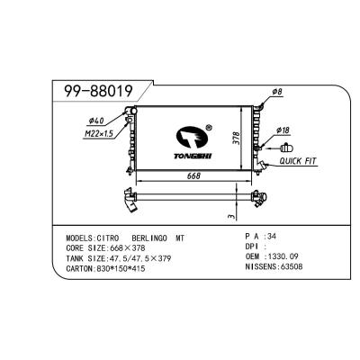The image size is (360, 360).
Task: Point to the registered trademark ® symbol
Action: click(x=209, y=128)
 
